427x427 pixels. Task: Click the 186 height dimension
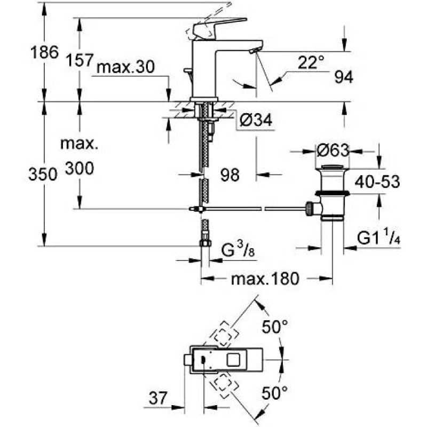[44, 52]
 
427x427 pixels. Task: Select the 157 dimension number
[80, 60]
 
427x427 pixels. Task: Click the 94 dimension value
[344, 77]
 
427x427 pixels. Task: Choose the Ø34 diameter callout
[256, 120]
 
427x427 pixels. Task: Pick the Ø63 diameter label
[333, 150]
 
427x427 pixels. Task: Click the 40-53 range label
[377, 181]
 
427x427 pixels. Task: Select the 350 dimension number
[43, 174]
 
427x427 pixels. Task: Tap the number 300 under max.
[80, 168]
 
